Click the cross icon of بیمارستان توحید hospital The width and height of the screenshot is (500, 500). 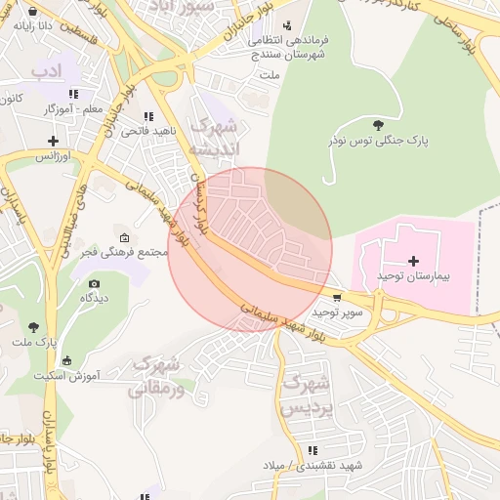pos(414,261)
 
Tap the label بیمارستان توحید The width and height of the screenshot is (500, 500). pos(413,277)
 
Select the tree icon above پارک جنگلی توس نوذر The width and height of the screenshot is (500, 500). pos(378,124)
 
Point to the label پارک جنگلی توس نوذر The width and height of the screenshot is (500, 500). pos(378,141)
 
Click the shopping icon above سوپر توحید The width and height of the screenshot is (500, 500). pos(337,297)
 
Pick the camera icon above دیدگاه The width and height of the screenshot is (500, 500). pos(94,283)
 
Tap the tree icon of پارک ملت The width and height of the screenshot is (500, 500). pos(34,327)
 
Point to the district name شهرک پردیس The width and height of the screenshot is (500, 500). pos(302,395)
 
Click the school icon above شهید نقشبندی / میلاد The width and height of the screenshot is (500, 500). pos(312,450)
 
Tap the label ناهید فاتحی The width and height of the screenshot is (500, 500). pos(149,130)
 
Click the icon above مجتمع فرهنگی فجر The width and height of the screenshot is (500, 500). pos(123,237)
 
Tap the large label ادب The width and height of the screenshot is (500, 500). pos(46,71)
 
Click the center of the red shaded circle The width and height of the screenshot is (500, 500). pos(250,250)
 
